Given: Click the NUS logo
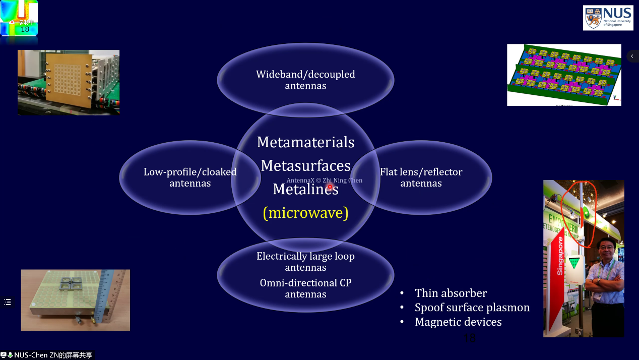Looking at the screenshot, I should pos(608,18).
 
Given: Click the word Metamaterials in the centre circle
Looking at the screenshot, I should pos(305,142).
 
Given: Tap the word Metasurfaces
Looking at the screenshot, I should pos(305,165).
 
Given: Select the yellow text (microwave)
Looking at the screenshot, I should pos(305,213).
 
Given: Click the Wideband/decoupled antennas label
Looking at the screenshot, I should pos(305,80).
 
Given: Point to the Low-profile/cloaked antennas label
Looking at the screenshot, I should pos(190,177).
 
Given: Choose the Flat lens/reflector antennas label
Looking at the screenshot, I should pos(421,177).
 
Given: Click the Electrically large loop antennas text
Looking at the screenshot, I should pos(305,262).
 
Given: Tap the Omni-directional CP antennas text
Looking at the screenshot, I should pos(305,288).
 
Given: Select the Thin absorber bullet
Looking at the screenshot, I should pos(451,293).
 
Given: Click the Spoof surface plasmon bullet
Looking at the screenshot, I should pos(472,308).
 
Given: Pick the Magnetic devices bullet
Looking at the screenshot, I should pos(458,322).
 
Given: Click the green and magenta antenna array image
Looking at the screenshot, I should pos(563,75).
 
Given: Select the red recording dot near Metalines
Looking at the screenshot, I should pos(330,187).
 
